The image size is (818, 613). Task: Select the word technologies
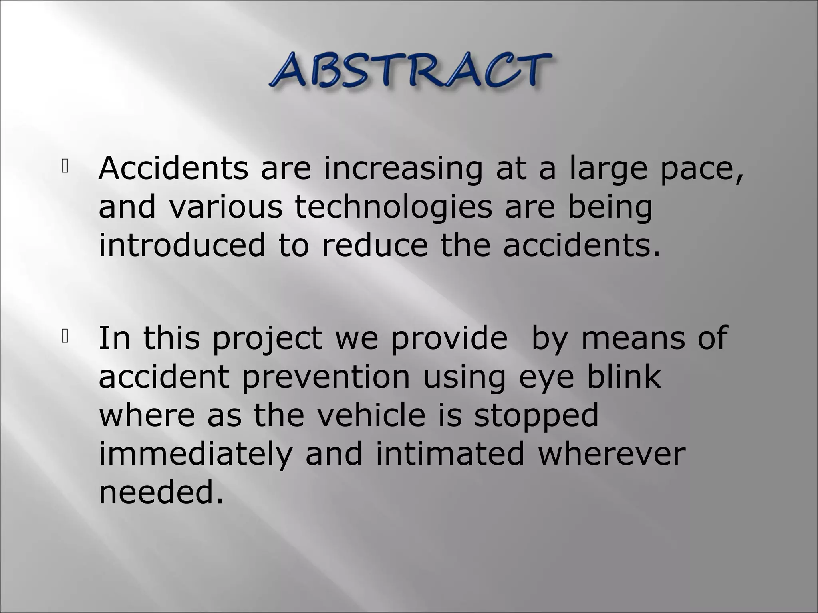(393, 208)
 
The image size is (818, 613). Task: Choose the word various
(226, 208)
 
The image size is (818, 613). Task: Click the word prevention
(326, 377)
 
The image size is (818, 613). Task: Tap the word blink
(623, 377)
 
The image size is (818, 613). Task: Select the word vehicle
(371, 415)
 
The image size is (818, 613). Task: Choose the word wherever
(612, 454)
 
